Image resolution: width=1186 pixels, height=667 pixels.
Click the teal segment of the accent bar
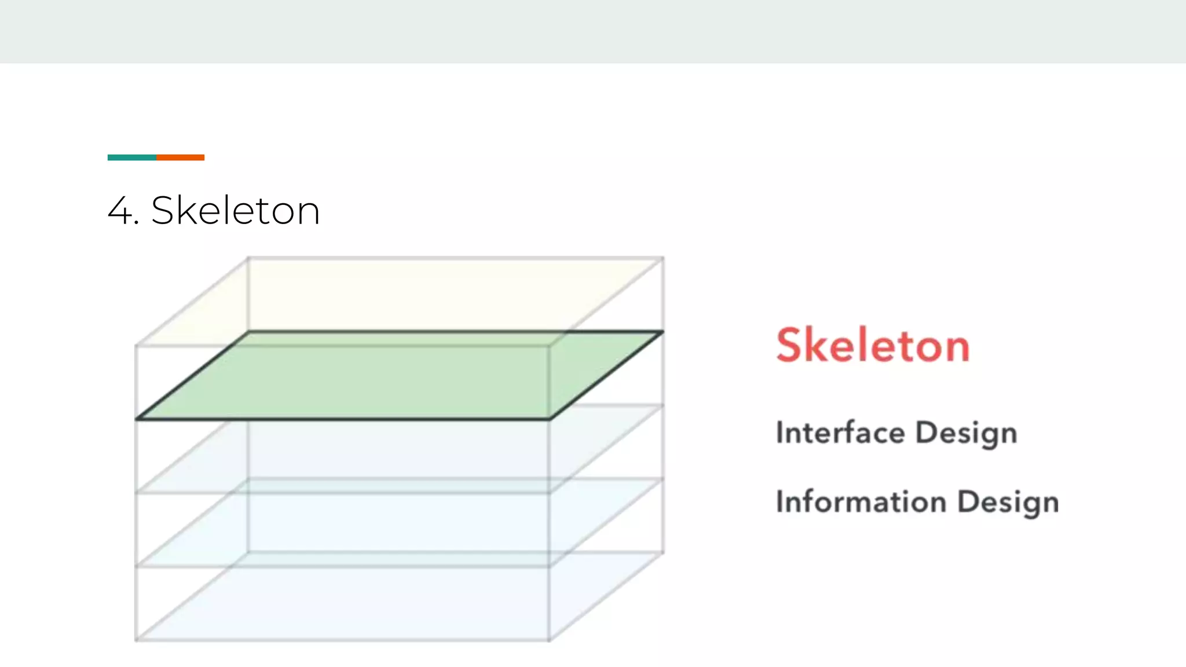click(x=131, y=157)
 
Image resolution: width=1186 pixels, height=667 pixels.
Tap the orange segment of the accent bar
click(x=180, y=157)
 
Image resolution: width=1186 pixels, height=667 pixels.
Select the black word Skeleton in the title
click(x=235, y=210)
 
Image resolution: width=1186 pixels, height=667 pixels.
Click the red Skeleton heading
click(x=873, y=346)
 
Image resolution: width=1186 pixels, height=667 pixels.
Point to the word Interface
click(x=840, y=433)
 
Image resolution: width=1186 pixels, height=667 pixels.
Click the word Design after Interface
click(x=966, y=434)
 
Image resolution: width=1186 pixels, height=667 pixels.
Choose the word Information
click(x=861, y=501)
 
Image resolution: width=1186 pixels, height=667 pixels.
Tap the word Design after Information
click(x=1008, y=503)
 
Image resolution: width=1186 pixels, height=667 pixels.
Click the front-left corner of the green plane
click(x=137, y=419)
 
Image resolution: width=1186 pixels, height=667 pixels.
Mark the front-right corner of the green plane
click(x=549, y=419)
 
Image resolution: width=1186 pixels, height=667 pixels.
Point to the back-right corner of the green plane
click(x=662, y=332)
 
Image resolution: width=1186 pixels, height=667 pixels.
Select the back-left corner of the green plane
click(x=249, y=332)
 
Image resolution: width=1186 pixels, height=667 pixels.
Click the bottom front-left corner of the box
click(x=136, y=640)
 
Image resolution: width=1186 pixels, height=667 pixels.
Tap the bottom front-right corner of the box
click(x=549, y=640)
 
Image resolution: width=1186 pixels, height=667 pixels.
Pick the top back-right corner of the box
click(x=663, y=258)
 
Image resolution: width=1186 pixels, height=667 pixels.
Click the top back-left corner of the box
click(x=248, y=258)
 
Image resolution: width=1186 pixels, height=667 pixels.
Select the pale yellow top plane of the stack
click(x=400, y=295)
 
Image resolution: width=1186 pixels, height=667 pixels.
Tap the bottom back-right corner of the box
click(x=663, y=552)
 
